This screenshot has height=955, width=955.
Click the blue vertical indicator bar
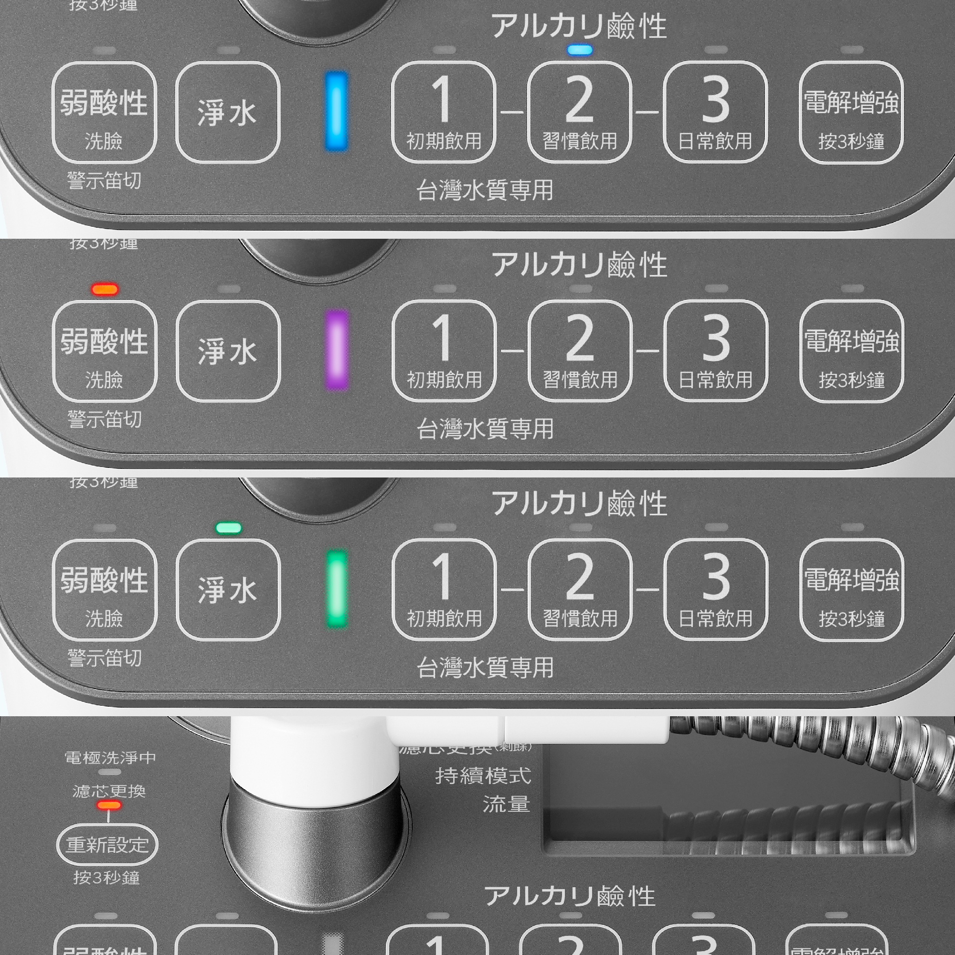336,111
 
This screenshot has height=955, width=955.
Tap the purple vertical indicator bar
337,350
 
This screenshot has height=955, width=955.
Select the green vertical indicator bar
337,589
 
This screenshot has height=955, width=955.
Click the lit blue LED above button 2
580,50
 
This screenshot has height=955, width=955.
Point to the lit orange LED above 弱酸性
105,289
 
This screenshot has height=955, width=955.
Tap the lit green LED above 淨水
229,528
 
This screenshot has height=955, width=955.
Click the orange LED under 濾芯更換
109,805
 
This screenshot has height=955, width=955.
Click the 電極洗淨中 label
110,758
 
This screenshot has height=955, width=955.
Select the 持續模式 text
483,776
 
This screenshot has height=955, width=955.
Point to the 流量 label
506,804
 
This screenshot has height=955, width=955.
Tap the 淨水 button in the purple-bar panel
228,351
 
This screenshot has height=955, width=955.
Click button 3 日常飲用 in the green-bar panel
715,589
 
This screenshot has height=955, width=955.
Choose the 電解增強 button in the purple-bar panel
851,351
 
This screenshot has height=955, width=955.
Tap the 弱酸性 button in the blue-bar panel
104,112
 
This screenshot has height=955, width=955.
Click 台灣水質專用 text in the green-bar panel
485,668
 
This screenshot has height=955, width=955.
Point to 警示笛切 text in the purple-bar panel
105,420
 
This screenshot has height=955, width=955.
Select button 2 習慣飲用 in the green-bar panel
580,589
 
